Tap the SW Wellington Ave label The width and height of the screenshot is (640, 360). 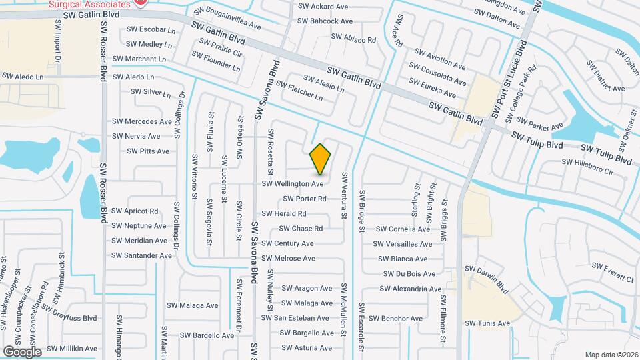coord(293,183)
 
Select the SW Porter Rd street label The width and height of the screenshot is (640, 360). coord(305,199)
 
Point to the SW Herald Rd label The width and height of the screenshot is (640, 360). coord(284,214)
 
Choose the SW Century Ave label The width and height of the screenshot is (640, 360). coord(287,243)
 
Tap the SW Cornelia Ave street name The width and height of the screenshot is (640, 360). coord(405,229)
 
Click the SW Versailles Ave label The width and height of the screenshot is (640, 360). coord(405,244)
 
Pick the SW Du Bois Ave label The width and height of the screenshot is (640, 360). coord(409,274)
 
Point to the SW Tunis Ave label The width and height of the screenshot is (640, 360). coord(487,323)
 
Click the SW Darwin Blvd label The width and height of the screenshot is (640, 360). coord(488,279)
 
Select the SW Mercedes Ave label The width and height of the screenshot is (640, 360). coord(142,121)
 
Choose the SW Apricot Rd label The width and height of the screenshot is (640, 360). coord(135,211)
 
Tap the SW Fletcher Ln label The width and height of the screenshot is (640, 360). coord(299,91)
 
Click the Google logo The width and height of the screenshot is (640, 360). coord(22,351)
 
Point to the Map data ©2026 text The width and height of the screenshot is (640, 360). coord(611,355)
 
